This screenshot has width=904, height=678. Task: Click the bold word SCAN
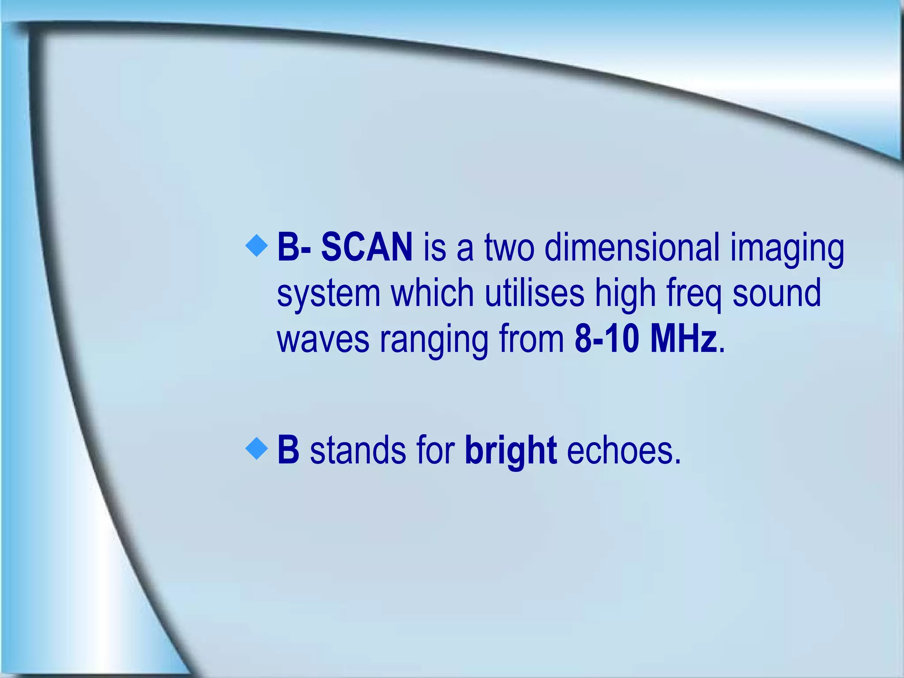pos(366,248)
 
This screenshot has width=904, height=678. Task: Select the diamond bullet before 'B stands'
pos(256,449)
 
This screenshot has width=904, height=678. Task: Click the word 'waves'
pos(323,340)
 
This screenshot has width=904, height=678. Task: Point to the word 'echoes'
pos(623,451)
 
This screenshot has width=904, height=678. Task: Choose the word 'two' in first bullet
pos(509,248)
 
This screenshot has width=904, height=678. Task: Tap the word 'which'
pos(432,293)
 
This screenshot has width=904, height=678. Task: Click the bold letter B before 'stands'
pos(288,450)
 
